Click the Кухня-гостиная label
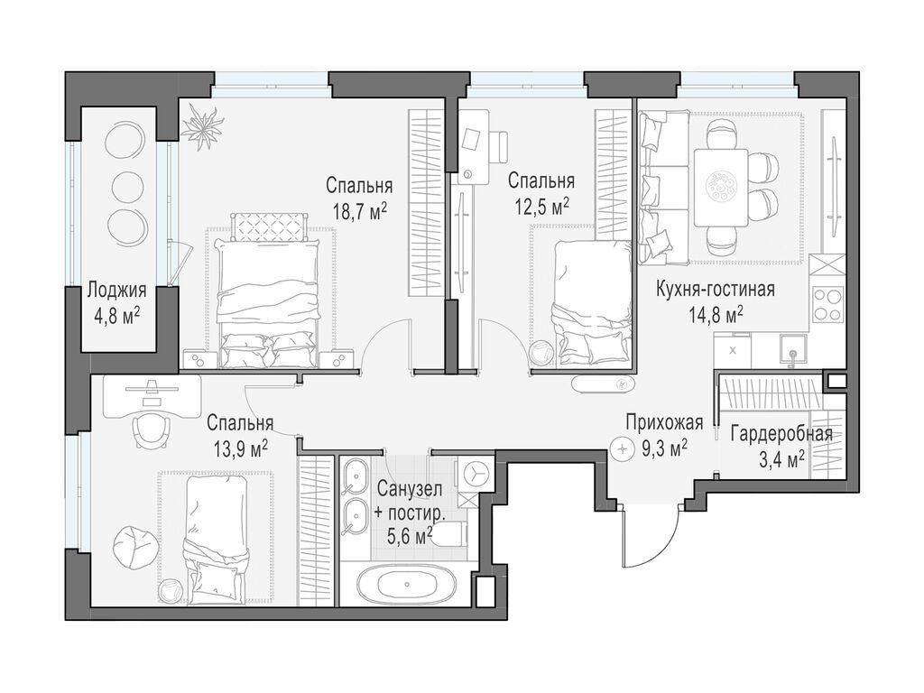[716, 291]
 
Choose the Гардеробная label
[781, 434]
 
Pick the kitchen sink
[790, 348]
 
